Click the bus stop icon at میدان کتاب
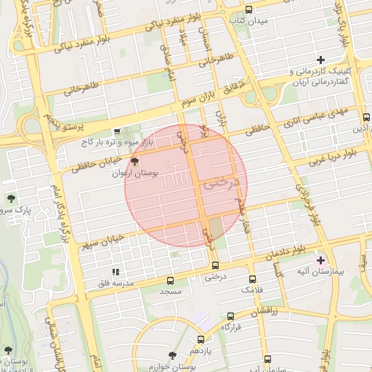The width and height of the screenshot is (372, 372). [x=249, y=10]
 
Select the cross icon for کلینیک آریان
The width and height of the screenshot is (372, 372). [x=320, y=60]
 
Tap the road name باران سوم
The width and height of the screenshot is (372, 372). [x=200, y=97]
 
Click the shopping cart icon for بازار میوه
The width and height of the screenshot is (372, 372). [x=117, y=132]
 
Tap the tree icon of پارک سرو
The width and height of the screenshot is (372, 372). [x=12, y=198]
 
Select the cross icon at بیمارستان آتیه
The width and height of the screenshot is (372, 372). [x=320, y=260]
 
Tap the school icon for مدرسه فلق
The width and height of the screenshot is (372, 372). [x=115, y=272]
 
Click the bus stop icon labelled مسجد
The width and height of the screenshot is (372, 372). [x=171, y=280]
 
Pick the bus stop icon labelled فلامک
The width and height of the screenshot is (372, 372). [x=252, y=279]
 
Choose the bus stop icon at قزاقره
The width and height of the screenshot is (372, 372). [x=230, y=316]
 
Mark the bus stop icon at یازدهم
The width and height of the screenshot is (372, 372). [x=201, y=339]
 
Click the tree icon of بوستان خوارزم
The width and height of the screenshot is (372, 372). [x=172, y=355]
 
